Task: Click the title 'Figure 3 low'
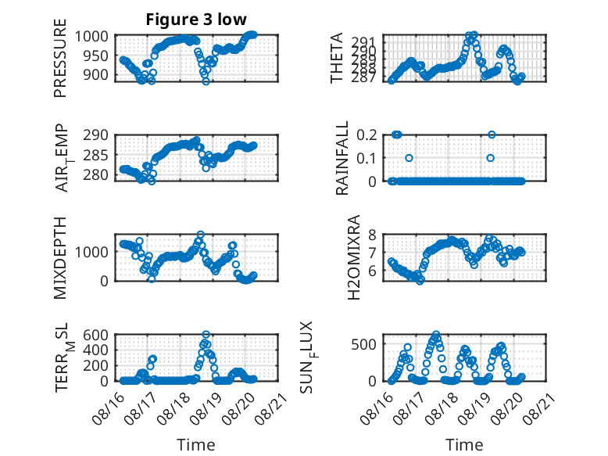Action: point(196,20)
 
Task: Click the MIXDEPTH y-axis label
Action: point(60,258)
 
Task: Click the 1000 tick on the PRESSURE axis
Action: point(96,36)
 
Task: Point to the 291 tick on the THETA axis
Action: point(372,42)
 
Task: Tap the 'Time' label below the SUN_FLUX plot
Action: point(464,444)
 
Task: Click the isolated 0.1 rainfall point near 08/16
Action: point(409,158)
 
